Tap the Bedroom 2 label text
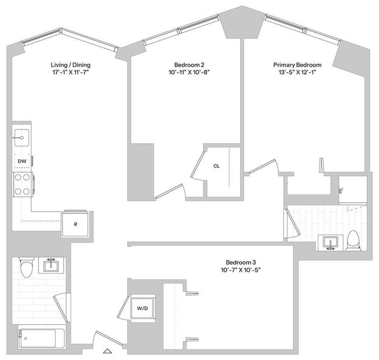click(x=188, y=65)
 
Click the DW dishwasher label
click(x=22, y=160)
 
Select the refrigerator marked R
click(x=76, y=223)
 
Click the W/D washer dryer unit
click(x=142, y=307)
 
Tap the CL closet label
click(x=216, y=166)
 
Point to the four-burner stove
click(x=23, y=184)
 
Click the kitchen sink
click(x=22, y=138)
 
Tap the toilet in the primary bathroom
click(x=353, y=240)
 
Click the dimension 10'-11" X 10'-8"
click(x=188, y=73)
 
